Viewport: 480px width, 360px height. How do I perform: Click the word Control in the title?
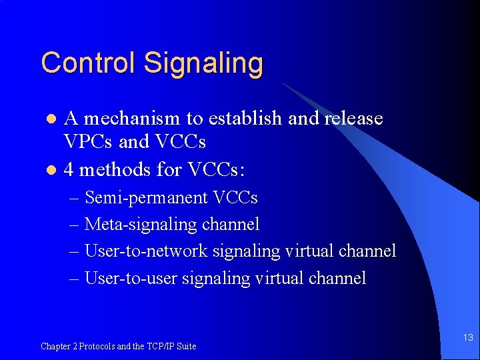[89, 63]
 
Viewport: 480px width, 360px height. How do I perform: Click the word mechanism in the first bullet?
[132, 119]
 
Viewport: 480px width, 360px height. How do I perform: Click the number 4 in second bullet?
[69, 170]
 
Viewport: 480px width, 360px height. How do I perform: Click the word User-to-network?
[147, 251]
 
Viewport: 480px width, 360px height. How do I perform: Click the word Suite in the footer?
[186, 346]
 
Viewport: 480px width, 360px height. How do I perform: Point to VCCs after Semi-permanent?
[235, 198]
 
